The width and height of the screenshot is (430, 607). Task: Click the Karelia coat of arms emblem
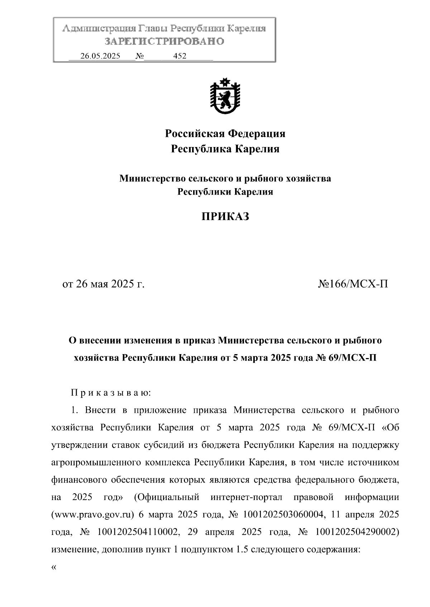coord(225,96)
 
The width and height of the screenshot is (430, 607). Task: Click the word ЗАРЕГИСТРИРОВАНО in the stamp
coord(164,41)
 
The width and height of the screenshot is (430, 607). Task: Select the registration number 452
coord(180,56)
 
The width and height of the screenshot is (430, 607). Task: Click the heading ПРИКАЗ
coord(225,217)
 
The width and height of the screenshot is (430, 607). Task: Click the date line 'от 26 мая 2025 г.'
coord(103,284)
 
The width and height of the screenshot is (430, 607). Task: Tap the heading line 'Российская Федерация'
coord(225,134)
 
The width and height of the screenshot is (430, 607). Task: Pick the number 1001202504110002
coord(138,532)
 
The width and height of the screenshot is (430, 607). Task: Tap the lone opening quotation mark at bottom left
coord(54,567)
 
